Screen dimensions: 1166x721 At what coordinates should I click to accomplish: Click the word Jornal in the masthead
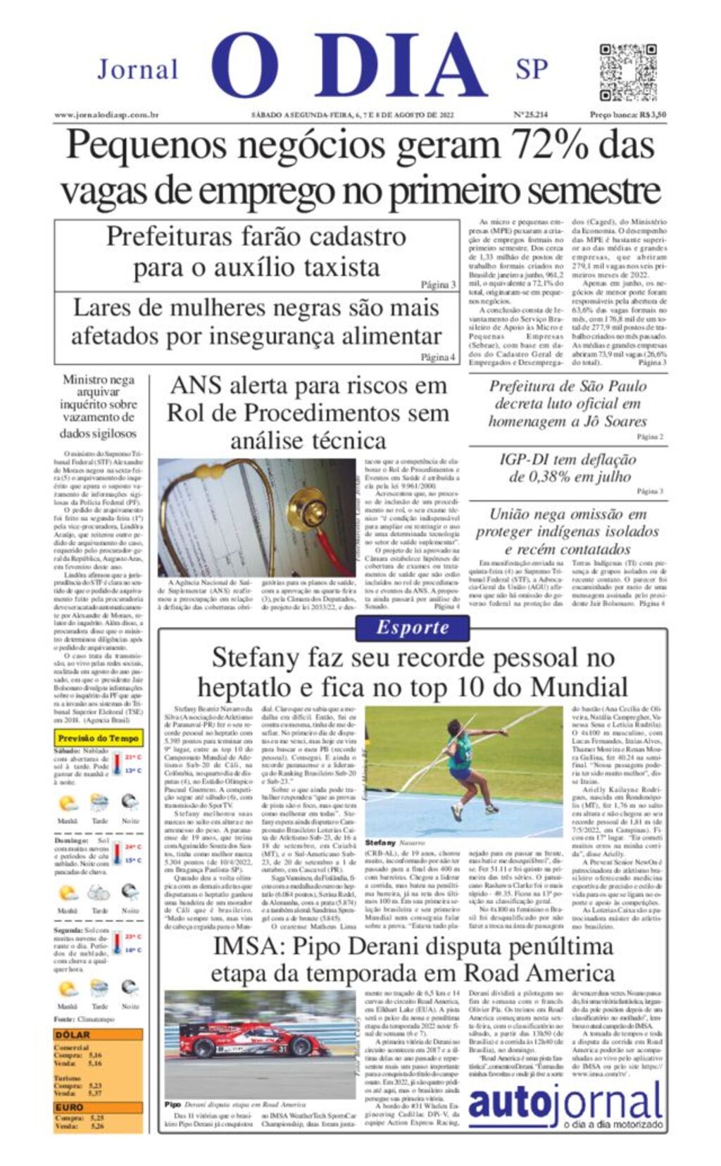pos(137,70)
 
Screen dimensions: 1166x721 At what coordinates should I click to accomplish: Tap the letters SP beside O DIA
pos(532,69)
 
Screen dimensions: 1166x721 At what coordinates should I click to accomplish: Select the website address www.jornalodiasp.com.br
pos(106,115)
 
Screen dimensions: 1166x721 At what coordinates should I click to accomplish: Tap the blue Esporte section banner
pos(412,627)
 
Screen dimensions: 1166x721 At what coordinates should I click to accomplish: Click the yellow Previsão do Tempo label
pos(99,738)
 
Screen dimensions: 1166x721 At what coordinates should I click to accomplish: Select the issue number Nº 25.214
pos(530,115)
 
